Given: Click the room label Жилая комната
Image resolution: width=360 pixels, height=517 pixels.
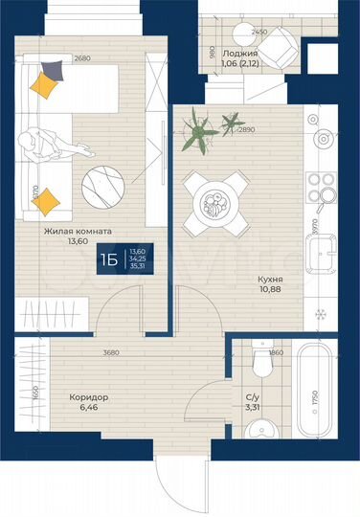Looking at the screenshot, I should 78,231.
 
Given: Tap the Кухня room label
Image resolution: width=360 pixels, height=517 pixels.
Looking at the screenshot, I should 271,281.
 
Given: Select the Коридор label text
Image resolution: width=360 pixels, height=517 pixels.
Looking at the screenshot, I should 89,396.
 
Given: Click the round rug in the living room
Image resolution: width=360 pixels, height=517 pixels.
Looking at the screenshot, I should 102,182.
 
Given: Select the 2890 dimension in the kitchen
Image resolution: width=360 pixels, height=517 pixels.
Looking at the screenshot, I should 248,129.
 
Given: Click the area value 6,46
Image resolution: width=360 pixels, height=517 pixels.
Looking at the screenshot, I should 88,408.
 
